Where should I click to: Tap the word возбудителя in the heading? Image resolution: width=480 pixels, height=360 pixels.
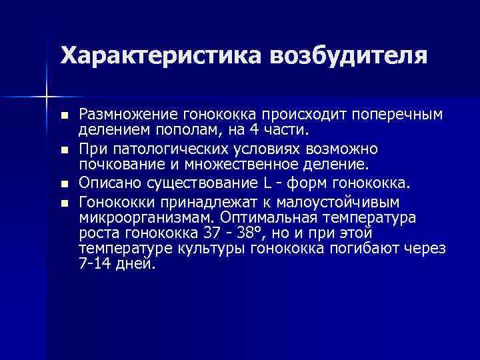click(x=348, y=55)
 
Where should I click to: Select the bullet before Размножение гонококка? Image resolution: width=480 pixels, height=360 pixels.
click(x=64, y=116)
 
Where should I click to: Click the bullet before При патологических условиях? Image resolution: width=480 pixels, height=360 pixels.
click(x=64, y=149)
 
